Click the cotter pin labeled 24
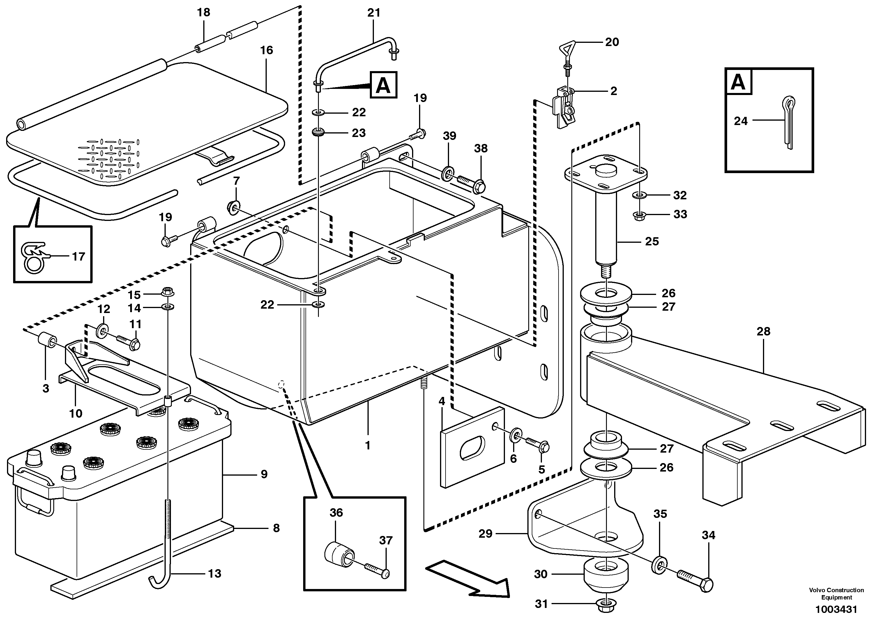pos(787,123)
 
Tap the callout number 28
pos(764,331)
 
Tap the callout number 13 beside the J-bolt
pos(215,574)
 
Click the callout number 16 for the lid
pos(266,50)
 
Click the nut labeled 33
pos(639,216)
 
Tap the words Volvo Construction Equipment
pos(836,593)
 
